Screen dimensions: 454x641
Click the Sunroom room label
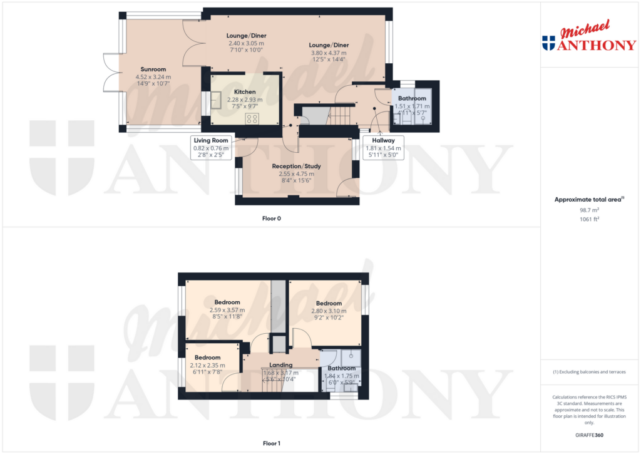click(153, 69)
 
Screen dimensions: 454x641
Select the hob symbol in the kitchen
click(252, 118)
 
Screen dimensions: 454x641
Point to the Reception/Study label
click(296, 166)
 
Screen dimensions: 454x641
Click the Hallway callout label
click(383, 140)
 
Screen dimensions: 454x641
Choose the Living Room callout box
click(211, 140)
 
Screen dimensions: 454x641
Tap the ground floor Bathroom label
click(412, 98)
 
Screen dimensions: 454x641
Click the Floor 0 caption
click(271, 219)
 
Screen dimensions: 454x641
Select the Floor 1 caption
click(271, 443)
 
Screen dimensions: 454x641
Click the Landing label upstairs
click(280, 365)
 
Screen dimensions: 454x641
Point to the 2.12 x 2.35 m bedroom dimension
click(207, 365)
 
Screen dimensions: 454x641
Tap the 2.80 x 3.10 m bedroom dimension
click(329, 311)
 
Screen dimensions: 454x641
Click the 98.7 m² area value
click(590, 211)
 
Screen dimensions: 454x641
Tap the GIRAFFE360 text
click(590, 435)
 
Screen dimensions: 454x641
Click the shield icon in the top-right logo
click(548, 43)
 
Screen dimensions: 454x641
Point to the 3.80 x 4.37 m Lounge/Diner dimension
click(329, 53)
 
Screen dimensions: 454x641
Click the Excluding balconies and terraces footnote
click(590, 372)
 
